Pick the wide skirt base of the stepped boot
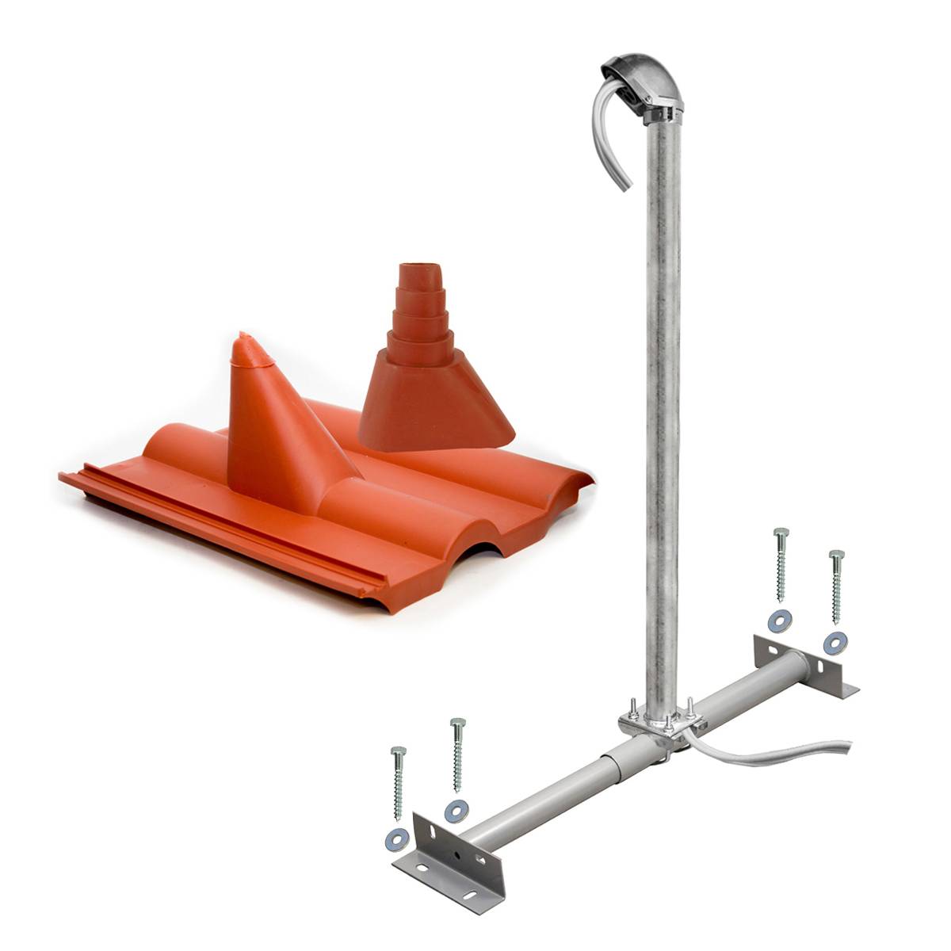click(436, 412)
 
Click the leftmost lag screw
click(398, 781)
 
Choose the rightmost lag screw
click(836, 586)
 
